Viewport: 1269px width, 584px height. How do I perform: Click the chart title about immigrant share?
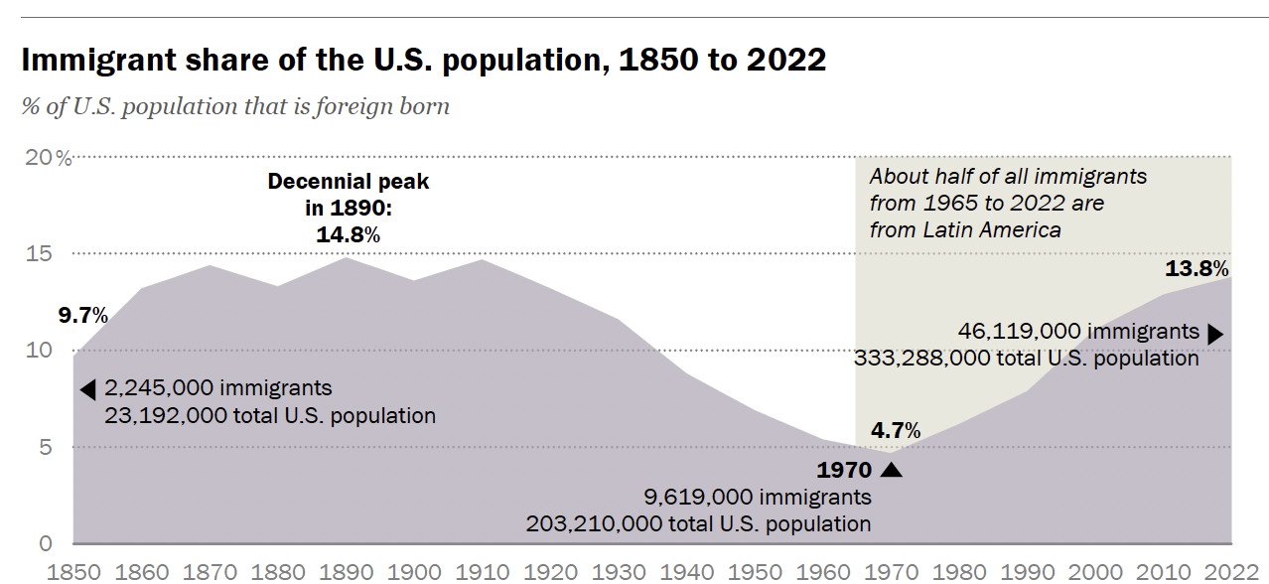(x=423, y=60)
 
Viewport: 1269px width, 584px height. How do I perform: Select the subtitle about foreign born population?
(x=235, y=105)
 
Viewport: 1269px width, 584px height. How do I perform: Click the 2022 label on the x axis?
(x=1231, y=572)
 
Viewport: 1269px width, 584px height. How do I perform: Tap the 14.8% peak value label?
(x=349, y=234)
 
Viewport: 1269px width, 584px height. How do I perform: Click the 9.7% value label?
(x=82, y=316)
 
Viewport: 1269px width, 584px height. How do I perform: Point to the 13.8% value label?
(x=1197, y=268)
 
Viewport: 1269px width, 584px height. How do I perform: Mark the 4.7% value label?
(x=896, y=430)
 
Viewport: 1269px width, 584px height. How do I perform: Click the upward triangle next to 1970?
(x=891, y=469)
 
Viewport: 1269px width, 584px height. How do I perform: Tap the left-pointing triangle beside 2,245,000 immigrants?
(x=87, y=388)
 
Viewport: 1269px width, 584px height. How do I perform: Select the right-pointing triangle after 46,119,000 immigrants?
(x=1214, y=334)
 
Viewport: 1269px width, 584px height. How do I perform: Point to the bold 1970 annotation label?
(x=844, y=470)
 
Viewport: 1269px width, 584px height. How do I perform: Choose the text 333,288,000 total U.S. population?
(x=1027, y=358)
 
